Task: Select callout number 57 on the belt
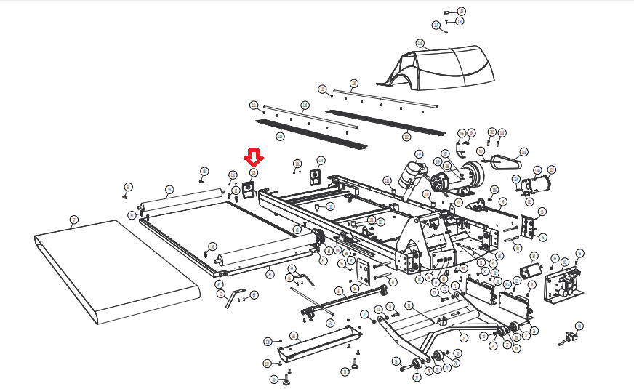[x=73, y=219]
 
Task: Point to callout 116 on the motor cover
[x=420, y=44]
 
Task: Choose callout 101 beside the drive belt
[x=523, y=153]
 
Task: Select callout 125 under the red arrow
[x=254, y=172]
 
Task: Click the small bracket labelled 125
[x=248, y=189]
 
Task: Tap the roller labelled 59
[x=181, y=198]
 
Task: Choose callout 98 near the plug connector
[x=579, y=326]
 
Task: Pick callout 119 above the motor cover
[x=461, y=12]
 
